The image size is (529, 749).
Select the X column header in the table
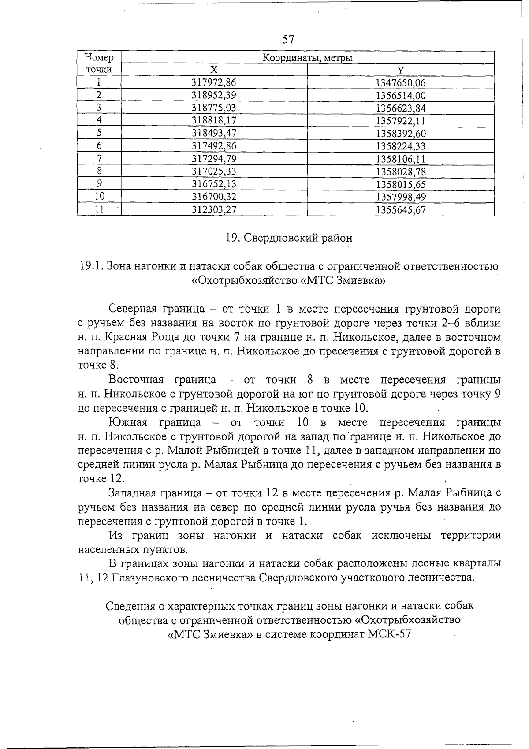pyautogui.click(x=214, y=70)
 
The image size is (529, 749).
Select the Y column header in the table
pyautogui.click(x=400, y=70)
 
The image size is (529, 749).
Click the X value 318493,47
pyautogui.click(x=214, y=134)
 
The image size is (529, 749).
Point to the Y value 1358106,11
pyautogui.click(x=400, y=159)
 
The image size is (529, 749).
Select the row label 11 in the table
pyautogui.click(x=99, y=210)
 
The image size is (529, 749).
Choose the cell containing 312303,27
pyautogui.click(x=214, y=210)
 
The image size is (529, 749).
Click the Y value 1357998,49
pyautogui.click(x=400, y=197)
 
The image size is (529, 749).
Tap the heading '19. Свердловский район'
pyautogui.click(x=289, y=238)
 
